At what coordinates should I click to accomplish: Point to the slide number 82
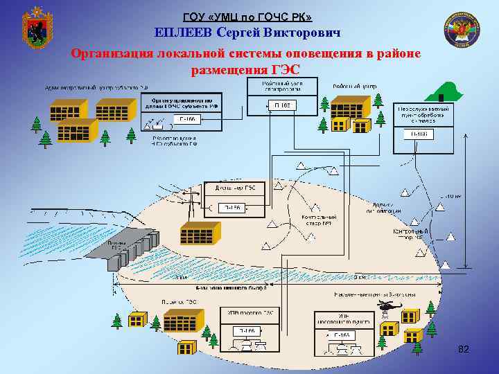[464, 350]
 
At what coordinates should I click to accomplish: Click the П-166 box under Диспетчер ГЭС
[231, 207]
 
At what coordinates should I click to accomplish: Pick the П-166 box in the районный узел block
[281, 105]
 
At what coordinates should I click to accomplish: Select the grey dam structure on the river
[132, 249]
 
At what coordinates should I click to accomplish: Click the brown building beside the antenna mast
[200, 234]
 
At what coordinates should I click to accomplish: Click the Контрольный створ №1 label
[318, 221]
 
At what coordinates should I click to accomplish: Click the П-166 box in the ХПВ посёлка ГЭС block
[247, 331]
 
